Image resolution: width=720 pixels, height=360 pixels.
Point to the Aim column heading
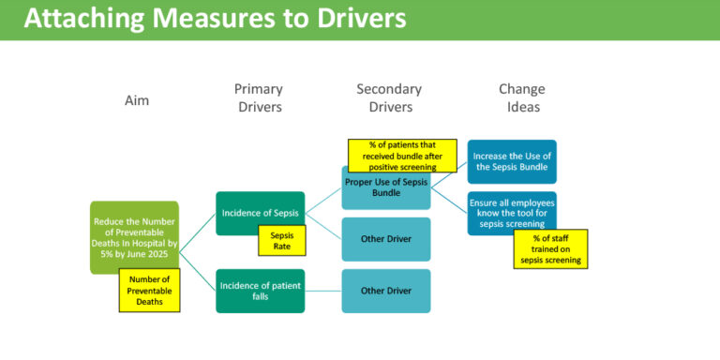coord(137,99)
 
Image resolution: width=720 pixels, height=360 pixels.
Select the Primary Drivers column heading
coord(258,98)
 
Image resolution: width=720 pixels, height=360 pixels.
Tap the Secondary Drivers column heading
coord(388,98)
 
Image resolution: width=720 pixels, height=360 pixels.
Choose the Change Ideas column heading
coord(520,98)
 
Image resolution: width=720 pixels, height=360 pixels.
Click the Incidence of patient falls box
coord(260,291)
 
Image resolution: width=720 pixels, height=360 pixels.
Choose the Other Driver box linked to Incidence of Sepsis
coord(385,239)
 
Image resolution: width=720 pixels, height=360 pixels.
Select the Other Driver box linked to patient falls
coord(385,291)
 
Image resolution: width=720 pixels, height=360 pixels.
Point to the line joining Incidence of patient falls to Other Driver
coord(322,291)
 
